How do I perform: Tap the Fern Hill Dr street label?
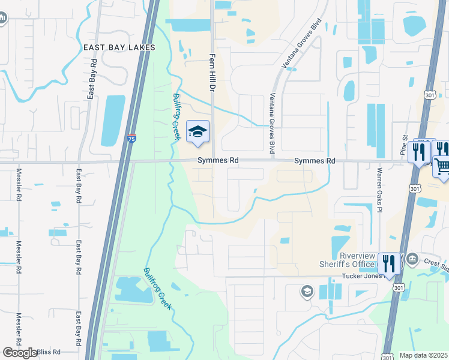point(212,70)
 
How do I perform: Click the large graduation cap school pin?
point(198,131)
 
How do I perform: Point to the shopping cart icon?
point(442,166)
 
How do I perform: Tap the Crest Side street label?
point(436,262)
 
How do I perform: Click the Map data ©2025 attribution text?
point(424,355)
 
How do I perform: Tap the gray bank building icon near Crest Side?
point(412,259)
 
